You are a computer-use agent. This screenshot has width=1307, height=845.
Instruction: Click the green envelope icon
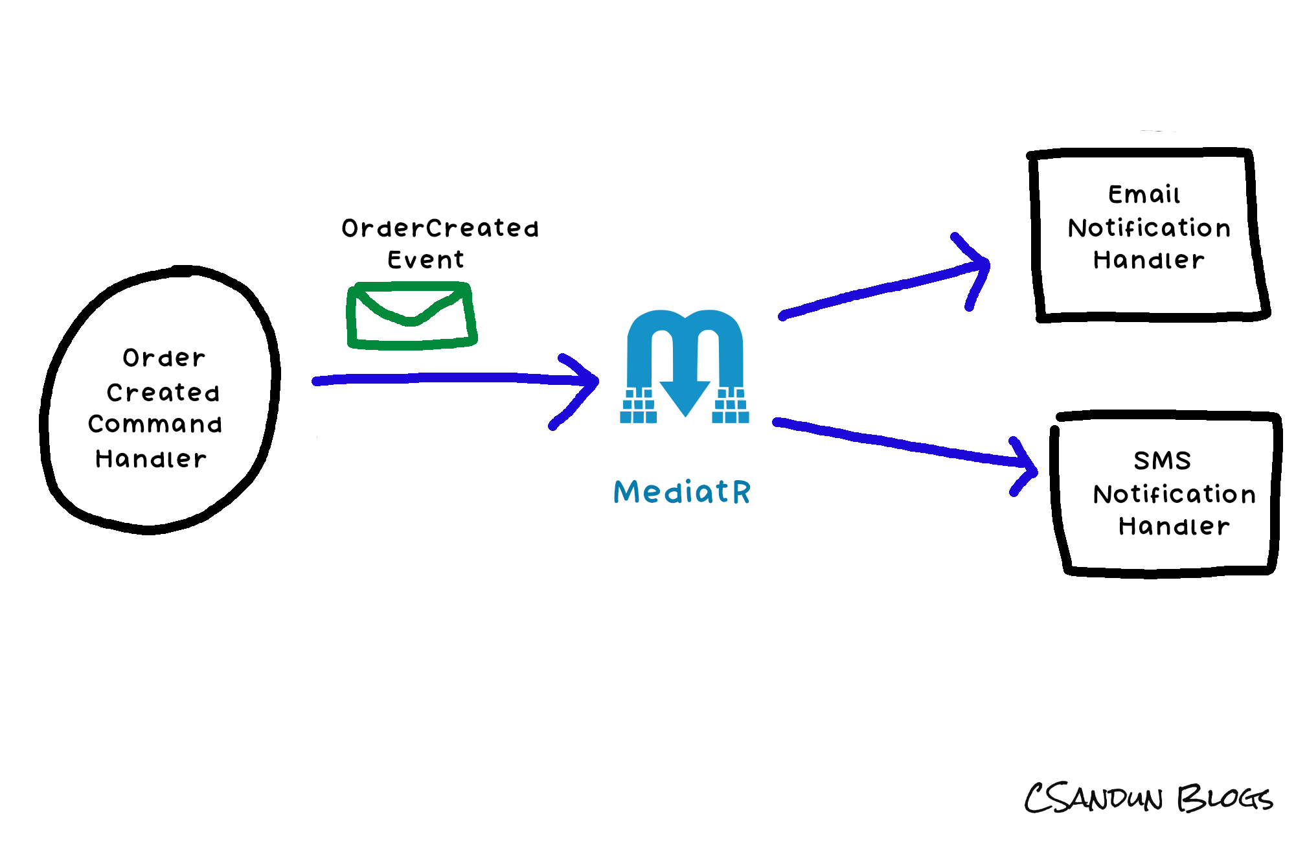(x=412, y=316)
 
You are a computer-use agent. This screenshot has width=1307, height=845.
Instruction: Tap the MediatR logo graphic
(x=685, y=367)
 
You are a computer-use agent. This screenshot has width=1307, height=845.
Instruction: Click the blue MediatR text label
(x=682, y=492)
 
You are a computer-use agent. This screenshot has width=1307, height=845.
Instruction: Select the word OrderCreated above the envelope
(x=440, y=228)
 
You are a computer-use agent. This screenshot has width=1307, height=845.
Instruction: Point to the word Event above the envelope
(x=426, y=260)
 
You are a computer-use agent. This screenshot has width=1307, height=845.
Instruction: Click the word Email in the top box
(x=1144, y=194)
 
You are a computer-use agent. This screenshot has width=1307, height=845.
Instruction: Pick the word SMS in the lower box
(x=1162, y=461)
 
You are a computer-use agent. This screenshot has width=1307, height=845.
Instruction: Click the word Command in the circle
(x=155, y=424)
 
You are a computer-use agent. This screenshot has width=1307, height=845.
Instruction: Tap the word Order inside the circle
(x=164, y=358)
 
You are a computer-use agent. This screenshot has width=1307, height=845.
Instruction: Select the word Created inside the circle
(x=163, y=393)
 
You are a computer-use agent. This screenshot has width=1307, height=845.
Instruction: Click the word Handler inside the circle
(x=151, y=459)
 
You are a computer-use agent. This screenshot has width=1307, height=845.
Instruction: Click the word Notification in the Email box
(x=1149, y=228)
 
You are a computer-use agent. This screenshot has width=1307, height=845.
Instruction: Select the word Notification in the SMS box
(x=1174, y=494)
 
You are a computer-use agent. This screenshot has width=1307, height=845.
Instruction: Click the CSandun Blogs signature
(x=1148, y=798)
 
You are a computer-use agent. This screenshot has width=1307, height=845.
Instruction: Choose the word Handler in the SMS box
(x=1174, y=526)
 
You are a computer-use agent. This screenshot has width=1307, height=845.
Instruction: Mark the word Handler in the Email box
(x=1149, y=260)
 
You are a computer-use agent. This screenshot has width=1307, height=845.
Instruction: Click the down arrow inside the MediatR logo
(x=685, y=395)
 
